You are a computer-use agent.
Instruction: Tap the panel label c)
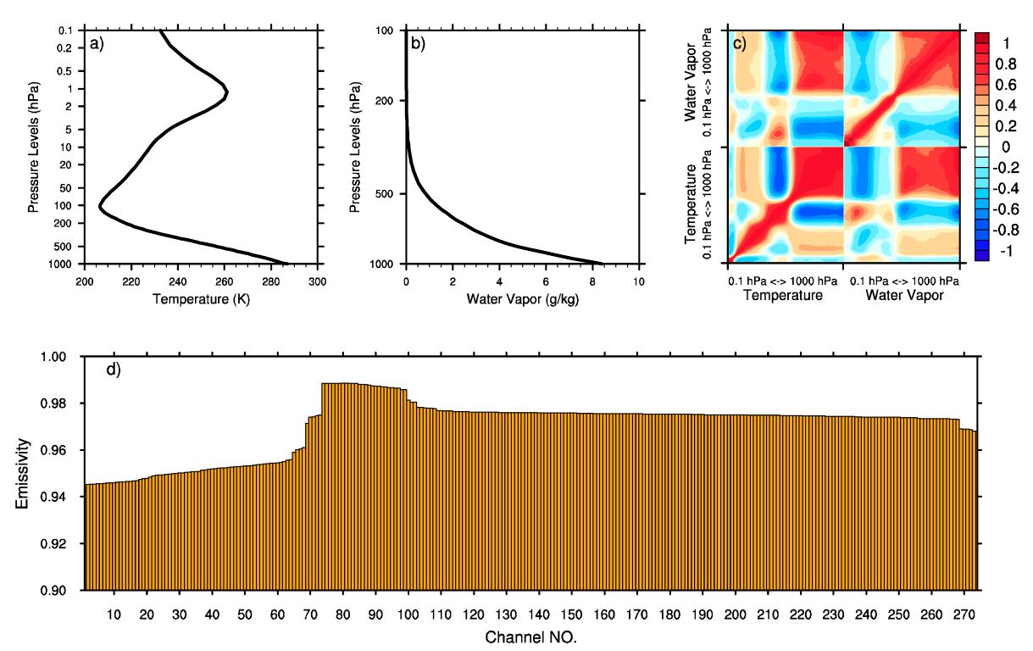coord(739,45)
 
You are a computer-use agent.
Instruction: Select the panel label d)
coord(112,370)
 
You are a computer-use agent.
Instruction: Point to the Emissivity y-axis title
coord(23,473)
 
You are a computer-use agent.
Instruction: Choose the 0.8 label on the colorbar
coord(1005,64)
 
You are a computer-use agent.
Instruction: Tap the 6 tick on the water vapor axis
coord(546,280)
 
